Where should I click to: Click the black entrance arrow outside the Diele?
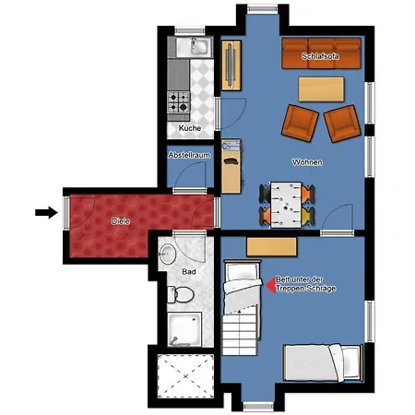(x=46, y=212)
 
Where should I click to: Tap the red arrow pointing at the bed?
(x=270, y=285)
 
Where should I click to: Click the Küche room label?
(x=190, y=128)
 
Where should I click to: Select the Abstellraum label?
(x=189, y=155)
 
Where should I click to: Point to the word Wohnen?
(x=307, y=162)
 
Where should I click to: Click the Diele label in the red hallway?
(x=121, y=220)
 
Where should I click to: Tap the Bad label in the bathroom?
(x=189, y=272)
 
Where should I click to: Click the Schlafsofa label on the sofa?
(x=320, y=56)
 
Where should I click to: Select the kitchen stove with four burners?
(x=179, y=102)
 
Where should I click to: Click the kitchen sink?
(x=195, y=47)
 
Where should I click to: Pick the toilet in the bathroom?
(x=181, y=294)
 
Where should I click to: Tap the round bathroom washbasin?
(x=168, y=254)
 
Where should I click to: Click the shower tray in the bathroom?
(x=184, y=329)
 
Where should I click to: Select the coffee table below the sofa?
(x=321, y=89)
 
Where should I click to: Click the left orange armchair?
(x=300, y=123)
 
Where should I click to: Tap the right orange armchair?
(x=342, y=124)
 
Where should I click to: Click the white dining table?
(x=286, y=205)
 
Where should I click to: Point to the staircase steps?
(x=240, y=329)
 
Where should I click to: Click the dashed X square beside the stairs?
(x=185, y=376)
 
